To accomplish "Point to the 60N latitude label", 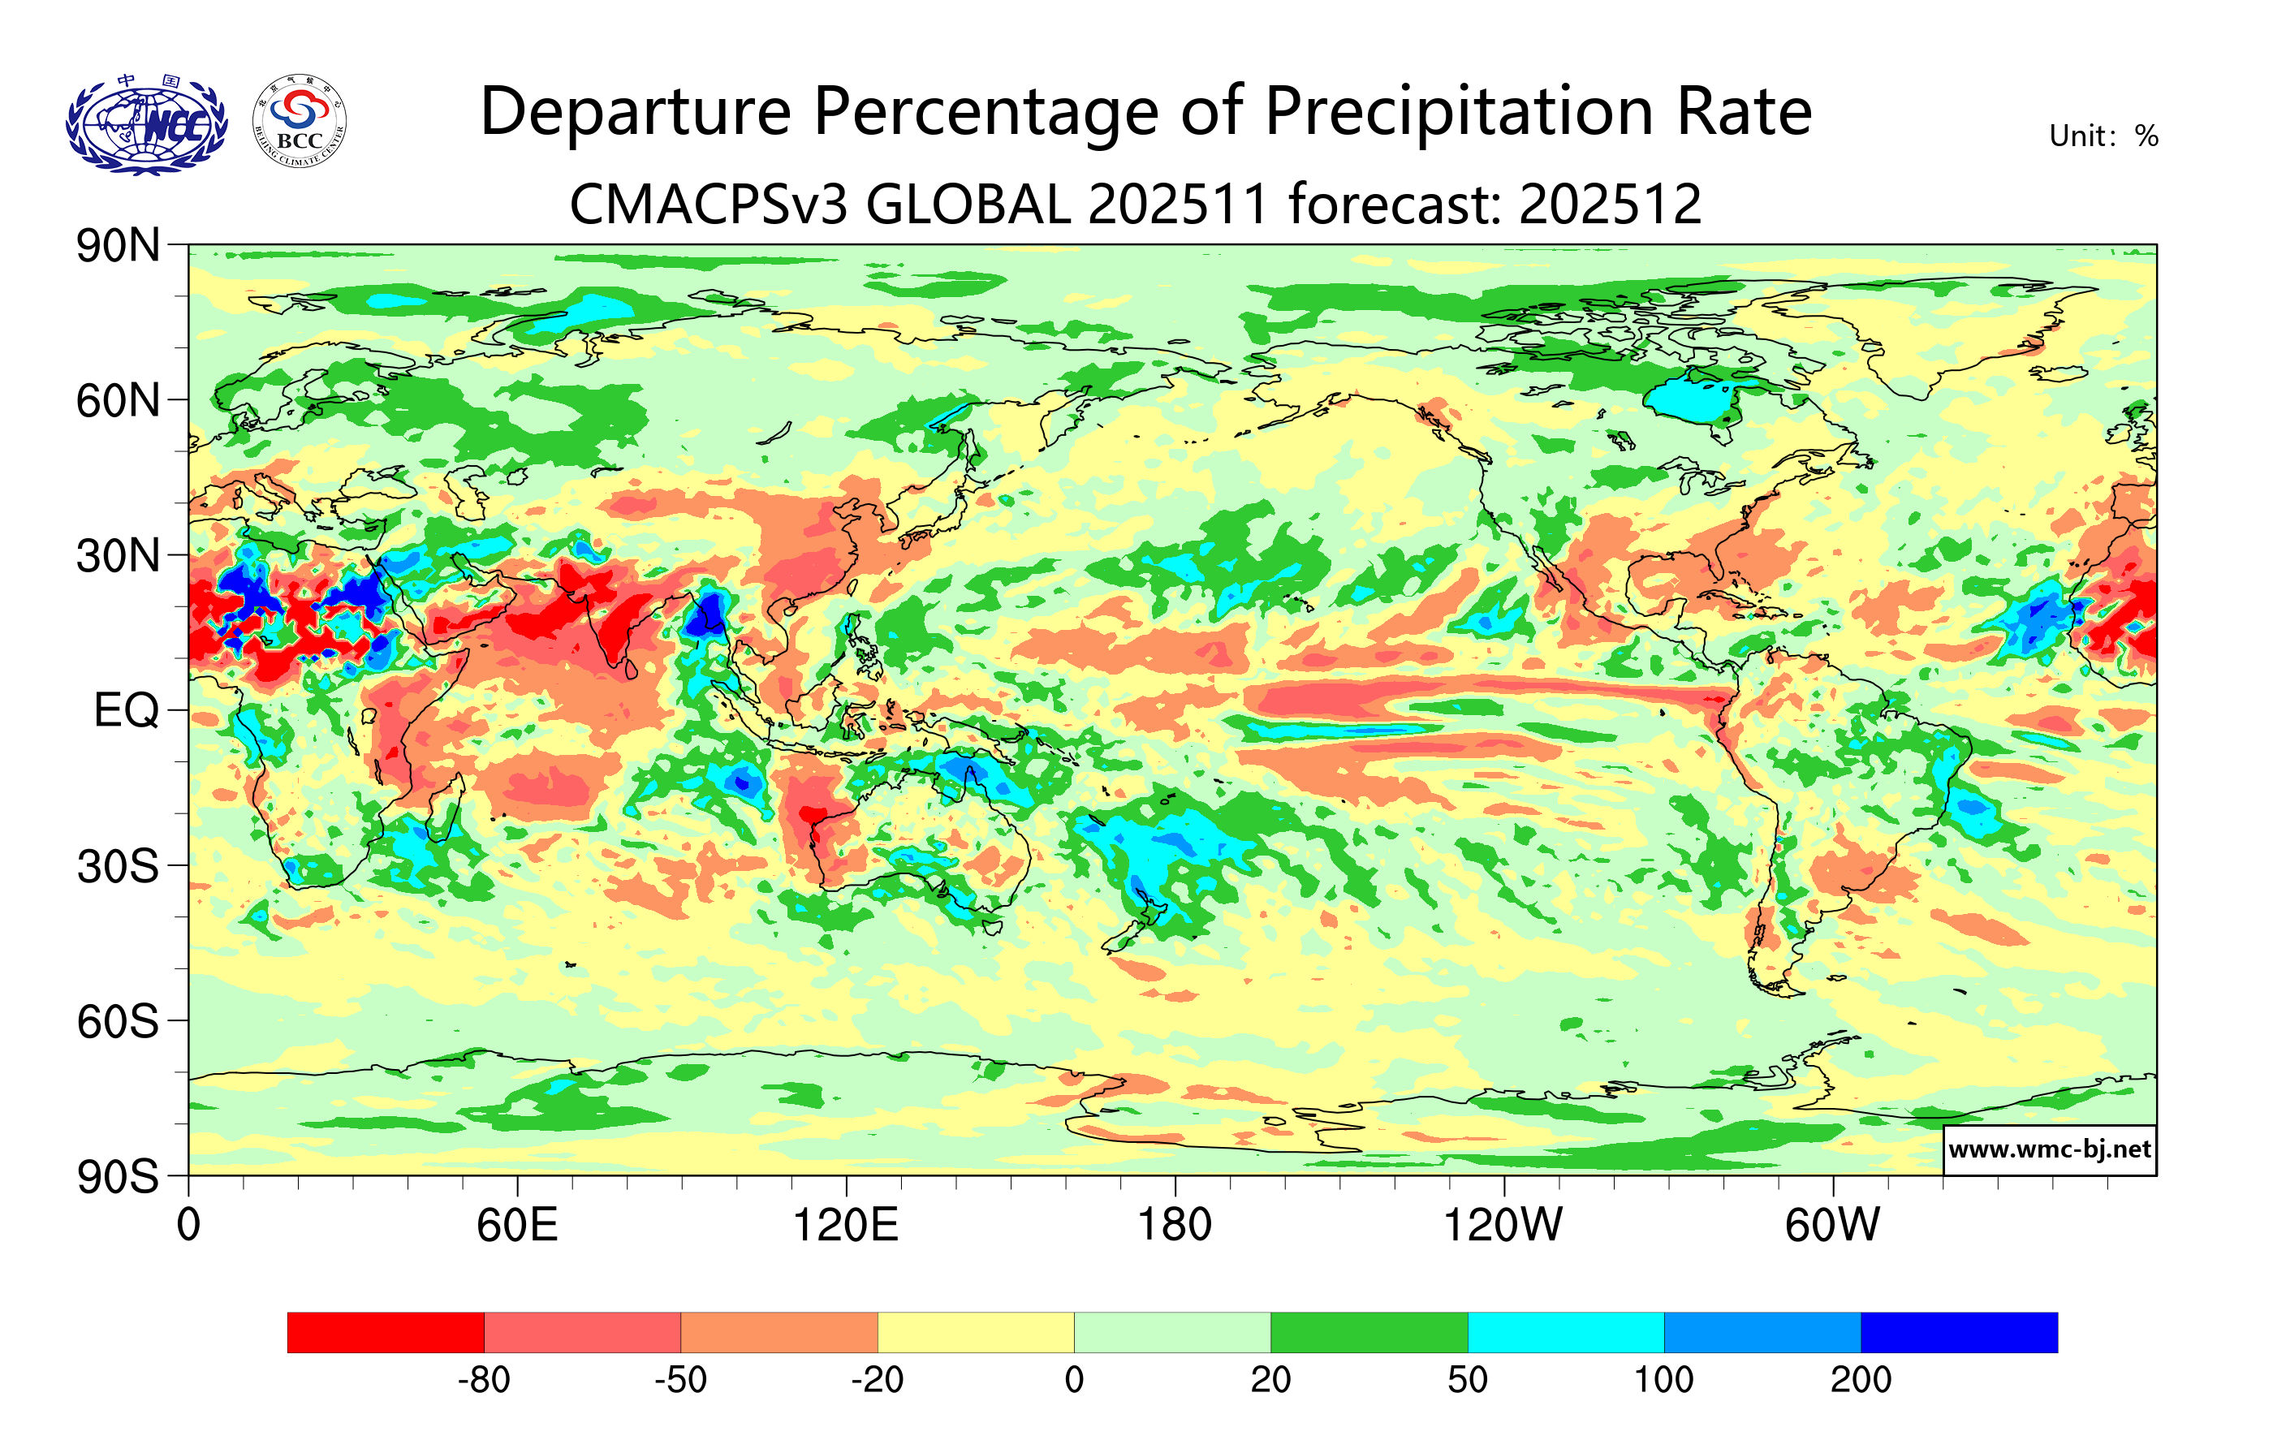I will [x=118, y=401].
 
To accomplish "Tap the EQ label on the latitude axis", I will [x=127, y=710].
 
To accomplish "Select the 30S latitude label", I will [x=118, y=866].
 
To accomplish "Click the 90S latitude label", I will [x=118, y=1177].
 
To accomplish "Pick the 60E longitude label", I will [x=517, y=1226].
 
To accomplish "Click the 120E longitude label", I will [x=846, y=1226].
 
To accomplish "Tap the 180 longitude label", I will [x=1175, y=1226].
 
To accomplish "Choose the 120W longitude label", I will [x=1503, y=1226].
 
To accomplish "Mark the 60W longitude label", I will [x=1832, y=1226].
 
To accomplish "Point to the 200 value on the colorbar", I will [x=1861, y=1381].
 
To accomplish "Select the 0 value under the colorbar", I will [x=1074, y=1381].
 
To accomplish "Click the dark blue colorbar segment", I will [x=1959, y=1332].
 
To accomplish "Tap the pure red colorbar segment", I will [x=385, y=1332].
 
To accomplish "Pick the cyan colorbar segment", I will [x=1565, y=1332].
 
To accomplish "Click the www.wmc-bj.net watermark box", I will [x=2049, y=1149].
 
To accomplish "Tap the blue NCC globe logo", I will [x=146, y=124].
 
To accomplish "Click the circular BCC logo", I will [x=300, y=122].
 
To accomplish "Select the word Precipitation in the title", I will [x=1459, y=112].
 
